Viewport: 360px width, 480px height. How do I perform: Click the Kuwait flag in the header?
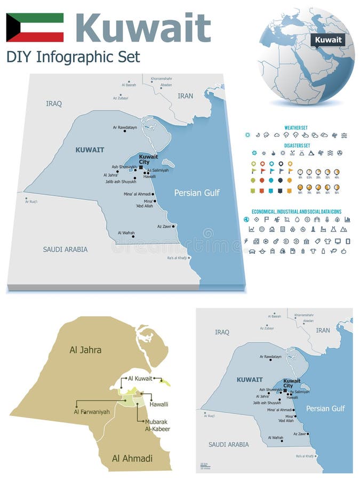tap(35, 27)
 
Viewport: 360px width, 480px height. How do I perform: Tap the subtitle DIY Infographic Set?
tap(73, 57)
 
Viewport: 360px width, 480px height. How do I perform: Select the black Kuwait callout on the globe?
tap(327, 40)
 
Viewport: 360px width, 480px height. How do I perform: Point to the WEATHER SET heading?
tap(296, 128)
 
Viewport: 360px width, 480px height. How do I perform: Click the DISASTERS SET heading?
tap(297, 145)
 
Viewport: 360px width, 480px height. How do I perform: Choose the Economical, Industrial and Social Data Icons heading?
tap(297, 211)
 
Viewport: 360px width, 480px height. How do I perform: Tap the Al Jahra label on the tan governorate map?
tap(85, 350)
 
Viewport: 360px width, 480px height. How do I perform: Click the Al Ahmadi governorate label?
tap(132, 458)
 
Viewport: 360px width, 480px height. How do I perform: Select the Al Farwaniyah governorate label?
tap(92, 411)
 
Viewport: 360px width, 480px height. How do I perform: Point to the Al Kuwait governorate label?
tap(140, 378)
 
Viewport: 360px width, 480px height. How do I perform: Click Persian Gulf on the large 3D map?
tap(197, 193)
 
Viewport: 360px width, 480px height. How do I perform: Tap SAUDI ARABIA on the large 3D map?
tap(65, 249)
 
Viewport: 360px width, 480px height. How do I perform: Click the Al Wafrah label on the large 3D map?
tap(126, 233)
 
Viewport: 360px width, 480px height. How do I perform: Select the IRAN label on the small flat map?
tap(323, 330)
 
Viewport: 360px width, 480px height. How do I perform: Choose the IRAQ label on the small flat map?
tap(222, 332)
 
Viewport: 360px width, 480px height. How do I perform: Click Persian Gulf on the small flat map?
tap(325, 409)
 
